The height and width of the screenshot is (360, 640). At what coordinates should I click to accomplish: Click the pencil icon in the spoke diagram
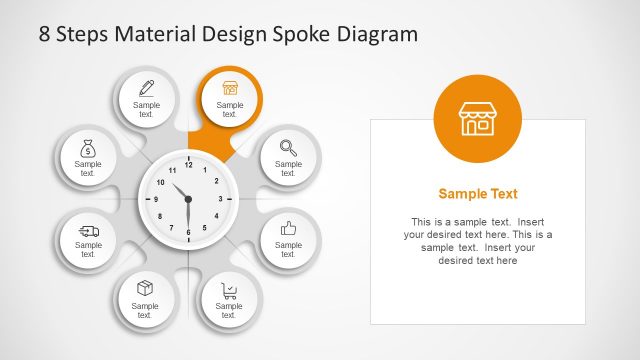pyautogui.click(x=146, y=87)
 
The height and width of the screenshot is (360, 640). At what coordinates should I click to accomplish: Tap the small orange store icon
pyautogui.click(x=230, y=87)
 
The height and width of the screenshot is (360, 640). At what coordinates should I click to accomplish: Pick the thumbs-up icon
pyautogui.click(x=288, y=228)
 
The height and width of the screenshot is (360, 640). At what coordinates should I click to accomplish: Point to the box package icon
pyautogui.click(x=146, y=289)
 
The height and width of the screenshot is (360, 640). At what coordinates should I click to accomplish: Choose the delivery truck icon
pyautogui.click(x=88, y=230)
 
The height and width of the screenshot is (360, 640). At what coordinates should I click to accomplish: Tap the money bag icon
pyautogui.click(x=88, y=149)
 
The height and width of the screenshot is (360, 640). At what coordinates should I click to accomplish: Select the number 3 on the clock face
pyautogui.click(x=220, y=199)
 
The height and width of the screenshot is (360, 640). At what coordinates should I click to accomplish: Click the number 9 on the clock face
pyautogui.click(x=156, y=199)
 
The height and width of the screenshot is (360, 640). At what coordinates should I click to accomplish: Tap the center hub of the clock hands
pyautogui.click(x=188, y=199)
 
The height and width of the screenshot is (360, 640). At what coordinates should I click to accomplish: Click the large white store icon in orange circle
pyautogui.click(x=477, y=118)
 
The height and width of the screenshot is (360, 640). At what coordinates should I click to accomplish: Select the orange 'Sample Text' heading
pyautogui.click(x=478, y=194)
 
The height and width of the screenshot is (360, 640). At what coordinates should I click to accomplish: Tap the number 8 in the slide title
pyautogui.click(x=44, y=34)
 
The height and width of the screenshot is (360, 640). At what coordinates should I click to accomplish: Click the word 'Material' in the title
pyautogui.click(x=153, y=34)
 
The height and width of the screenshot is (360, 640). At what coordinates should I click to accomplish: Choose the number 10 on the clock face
pyautogui.click(x=160, y=182)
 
